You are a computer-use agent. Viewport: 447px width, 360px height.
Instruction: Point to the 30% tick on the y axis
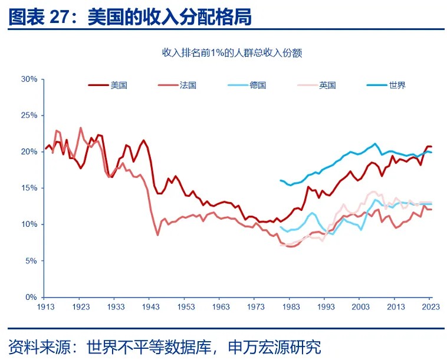[x=29, y=79]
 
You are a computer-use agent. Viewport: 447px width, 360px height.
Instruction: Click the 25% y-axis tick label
[x=29, y=115]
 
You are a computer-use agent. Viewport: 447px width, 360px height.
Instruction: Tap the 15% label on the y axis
[x=29, y=188]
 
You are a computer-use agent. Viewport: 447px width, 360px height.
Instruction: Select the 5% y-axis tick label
[x=31, y=260]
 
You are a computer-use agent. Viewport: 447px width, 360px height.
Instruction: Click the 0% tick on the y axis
[x=31, y=297]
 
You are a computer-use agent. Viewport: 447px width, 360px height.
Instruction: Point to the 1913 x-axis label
[x=46, y=307]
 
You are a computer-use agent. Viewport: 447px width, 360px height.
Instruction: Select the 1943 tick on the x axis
[x=151, y=307]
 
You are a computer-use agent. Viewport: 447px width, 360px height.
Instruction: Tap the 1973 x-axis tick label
[x=256, y=307]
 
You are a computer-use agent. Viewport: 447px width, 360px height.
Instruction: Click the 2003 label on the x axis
[x=361, y=307]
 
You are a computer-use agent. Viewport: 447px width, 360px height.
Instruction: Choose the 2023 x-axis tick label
[x=431, y=307]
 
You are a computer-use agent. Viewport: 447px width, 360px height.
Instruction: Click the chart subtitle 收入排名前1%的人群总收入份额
[x=232, y=53]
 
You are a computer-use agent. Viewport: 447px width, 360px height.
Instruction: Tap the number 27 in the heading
[x=59, y=18]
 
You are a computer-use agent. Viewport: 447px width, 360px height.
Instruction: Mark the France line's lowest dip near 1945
[x=157, y=235]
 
